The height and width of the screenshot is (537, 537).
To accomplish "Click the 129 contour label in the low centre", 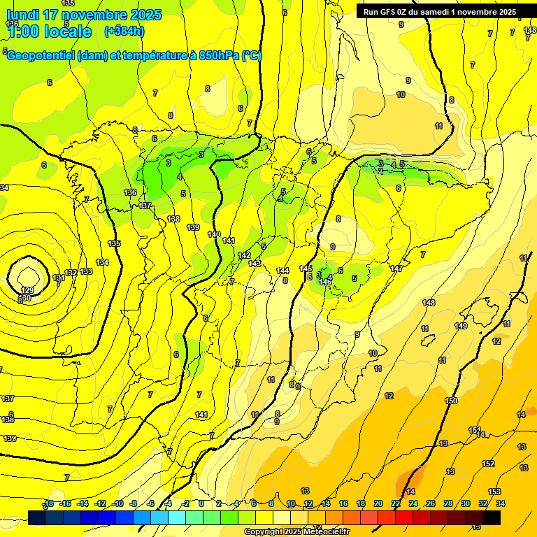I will pyautogui.click(x=27, y=290).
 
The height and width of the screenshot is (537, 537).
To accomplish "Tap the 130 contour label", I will pyautogui.click(x=25, y=299).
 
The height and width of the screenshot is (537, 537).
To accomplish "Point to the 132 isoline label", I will pyautogui.click(x=71, y=273).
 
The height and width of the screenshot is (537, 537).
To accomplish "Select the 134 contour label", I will pyautogui.click(x=102, y=262).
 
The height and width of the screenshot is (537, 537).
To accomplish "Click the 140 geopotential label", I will pyautogui.click(x=214, y=234).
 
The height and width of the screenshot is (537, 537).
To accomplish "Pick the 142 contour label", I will pyautogui.click(x=244, y=255).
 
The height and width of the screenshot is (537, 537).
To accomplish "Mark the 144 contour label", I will pyautogui.click(x=282, y=271).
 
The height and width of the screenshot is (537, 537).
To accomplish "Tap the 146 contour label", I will pyautogui.click(x=326, y=281).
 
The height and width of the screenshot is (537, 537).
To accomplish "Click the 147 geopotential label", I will pyautogui.click(x=396, y=268).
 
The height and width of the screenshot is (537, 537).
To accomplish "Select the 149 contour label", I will pyautogui.click(x=461, y=327).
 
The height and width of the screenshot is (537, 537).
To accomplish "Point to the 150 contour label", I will pyautogui.click(x=451, y=401).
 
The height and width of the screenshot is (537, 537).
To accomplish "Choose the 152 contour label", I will pyautogui.click(x=488, y=464).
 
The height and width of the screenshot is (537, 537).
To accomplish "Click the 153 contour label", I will pyautogui.click(x=494, y=492).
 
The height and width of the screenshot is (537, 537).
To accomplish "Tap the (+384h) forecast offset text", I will pyautogui.click(x=124, y=31).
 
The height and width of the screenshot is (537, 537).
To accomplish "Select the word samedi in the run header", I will pyautogui.click(x=438, y=12).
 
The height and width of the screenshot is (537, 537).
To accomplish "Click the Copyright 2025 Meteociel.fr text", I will pyautogui.click(x=296, y=532).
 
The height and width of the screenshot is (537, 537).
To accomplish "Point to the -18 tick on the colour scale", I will pyautogui.click(x=48, y=503).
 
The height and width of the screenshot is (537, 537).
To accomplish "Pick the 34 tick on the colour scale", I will pyautogui.click(x=501, y=503).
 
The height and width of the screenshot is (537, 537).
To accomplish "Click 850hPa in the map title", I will pyautogui.click(x=217, y=56).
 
